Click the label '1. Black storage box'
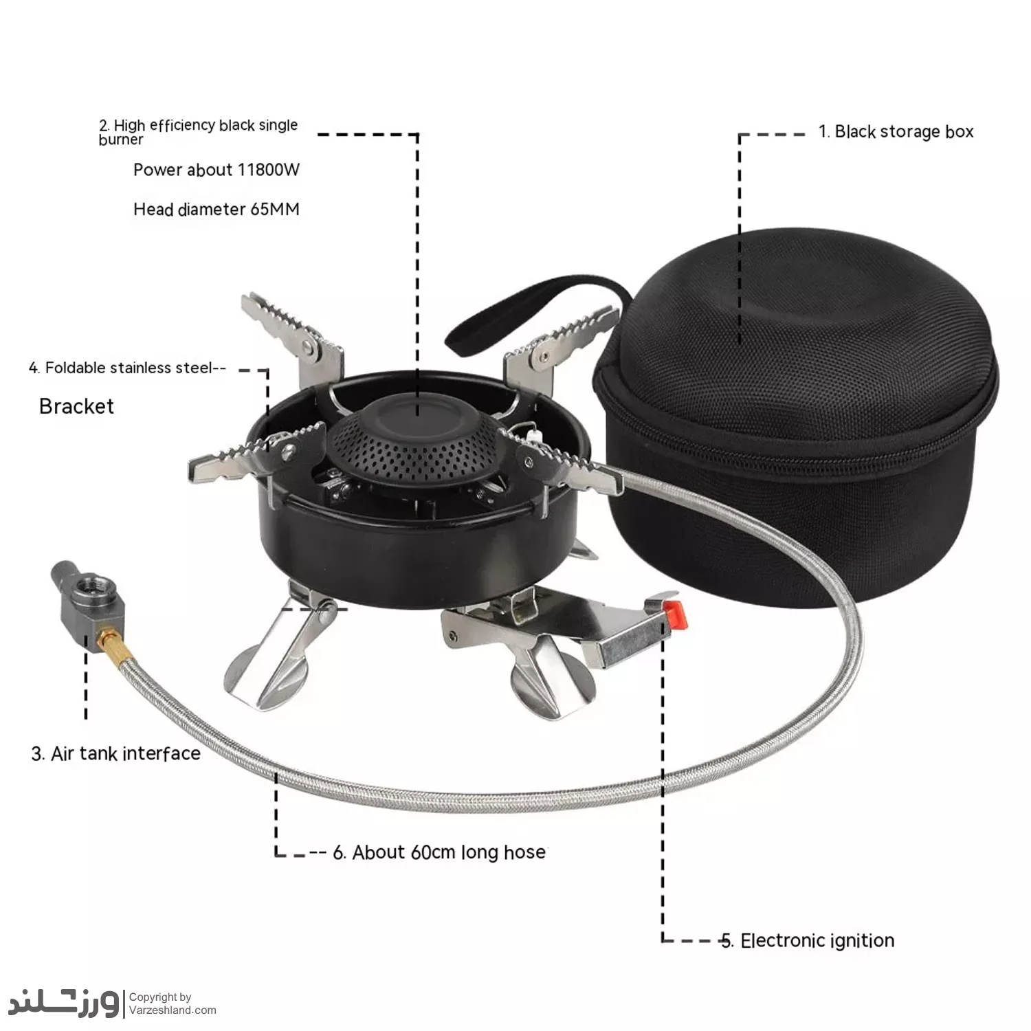pyautogui.click(x=896, y=131)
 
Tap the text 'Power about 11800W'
pyautogui.click(x=217, y=170)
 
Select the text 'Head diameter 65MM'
pyautogui.click(x=217, y=209)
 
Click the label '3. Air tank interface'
pyautogui.click(x=116, y=753)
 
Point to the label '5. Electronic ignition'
pyautogui.click(x=808, y=940)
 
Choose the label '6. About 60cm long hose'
pyautogui.click(x=440, y=852)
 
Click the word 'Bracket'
pyautogui.click(x=76, y=406)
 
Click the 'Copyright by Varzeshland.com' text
pyautogui.click(x=173, y=1004)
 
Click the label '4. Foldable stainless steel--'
pyautogui.click(x=127, y=368)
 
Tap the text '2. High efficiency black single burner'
pyautogui.click(x=198, y=132)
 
